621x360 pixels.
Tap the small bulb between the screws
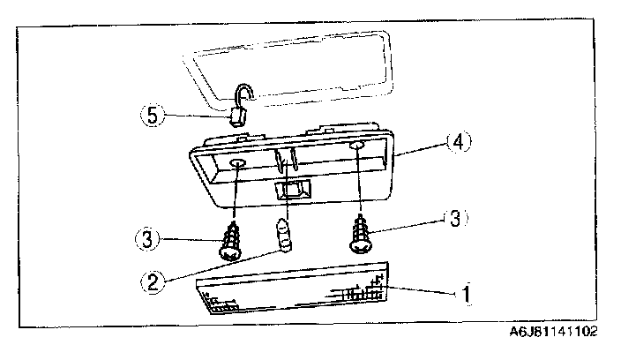(x=284, y=236)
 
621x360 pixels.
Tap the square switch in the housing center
(x=292, y=191)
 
